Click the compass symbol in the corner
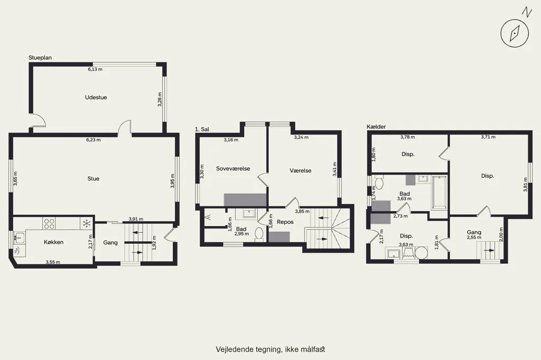tap(515, 33)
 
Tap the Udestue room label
tap(96, 98)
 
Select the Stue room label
tap(93, 178)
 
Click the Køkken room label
tap(53, 242)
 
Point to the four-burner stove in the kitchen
tap(49, 223)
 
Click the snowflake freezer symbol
tap(86, 223)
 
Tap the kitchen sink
tap(20, 238)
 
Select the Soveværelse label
tap(233, 168)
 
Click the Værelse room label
tap(301, 170)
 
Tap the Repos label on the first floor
tap(285, 222)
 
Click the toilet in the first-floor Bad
tap(259, 234)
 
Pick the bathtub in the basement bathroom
tap(439, 193)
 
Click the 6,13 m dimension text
tap(95, 69)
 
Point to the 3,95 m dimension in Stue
tap(173, 181)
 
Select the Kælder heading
tap(376, 127)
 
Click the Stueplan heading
tap(40, 58)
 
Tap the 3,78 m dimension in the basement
tap(407, 137)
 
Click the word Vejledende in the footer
tap(231, 349)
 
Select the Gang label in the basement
tap(474, 232)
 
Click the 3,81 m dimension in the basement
tap(526, 184)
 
